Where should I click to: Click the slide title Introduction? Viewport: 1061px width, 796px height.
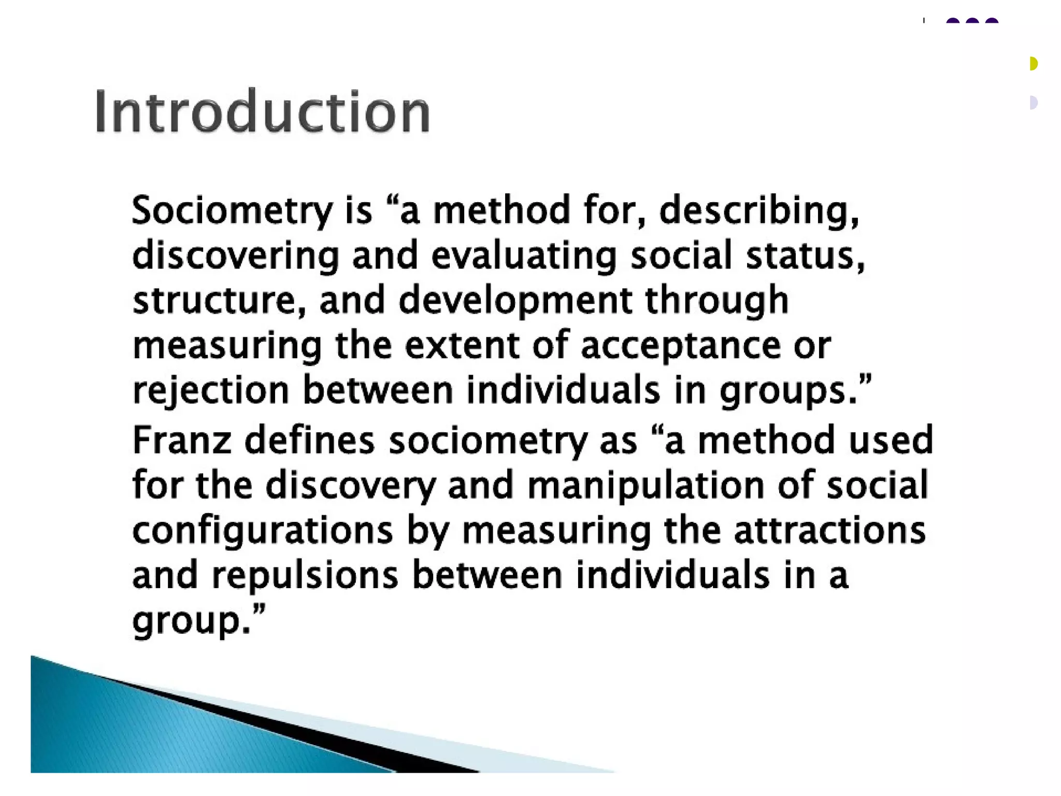(262, 112)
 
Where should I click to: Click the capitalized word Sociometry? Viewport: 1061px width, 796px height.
(232, 210)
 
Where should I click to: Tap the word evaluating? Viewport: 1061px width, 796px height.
(524, 255)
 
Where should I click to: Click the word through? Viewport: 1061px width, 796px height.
(716, 301)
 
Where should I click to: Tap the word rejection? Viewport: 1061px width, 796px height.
(210, 391)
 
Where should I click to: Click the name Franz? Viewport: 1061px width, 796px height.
(182, 440)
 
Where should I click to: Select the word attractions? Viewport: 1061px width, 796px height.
(829, 530)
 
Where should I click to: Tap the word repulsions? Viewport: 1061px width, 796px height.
(305, 576)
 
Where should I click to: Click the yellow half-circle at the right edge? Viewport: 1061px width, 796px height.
(1033, 64)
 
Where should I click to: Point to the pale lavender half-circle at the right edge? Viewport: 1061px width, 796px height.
(1033, 103)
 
